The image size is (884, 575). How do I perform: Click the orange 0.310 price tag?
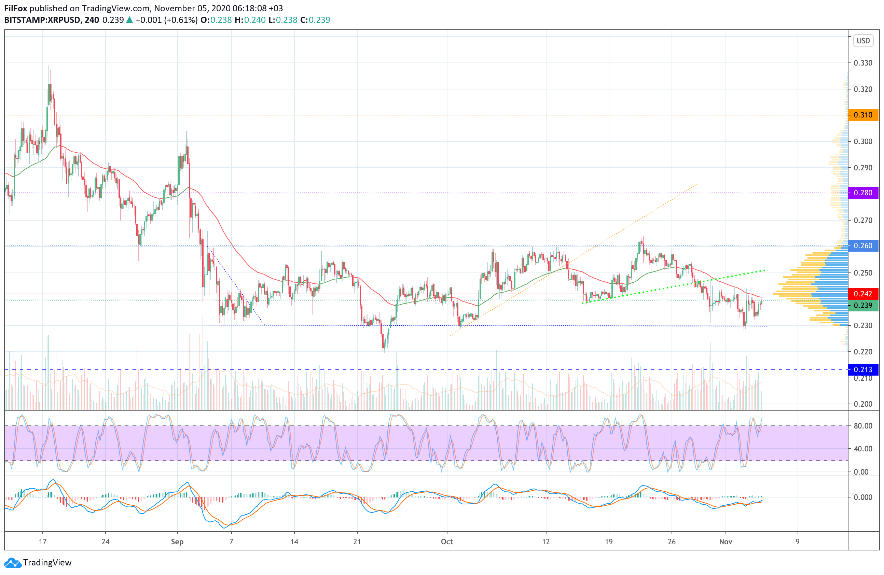[863, 115]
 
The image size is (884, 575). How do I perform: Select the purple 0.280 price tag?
[863, 193]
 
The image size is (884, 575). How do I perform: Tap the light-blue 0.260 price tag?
[863, 246]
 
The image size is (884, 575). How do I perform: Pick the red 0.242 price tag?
[863, 294]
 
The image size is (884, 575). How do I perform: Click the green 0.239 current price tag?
[863, 306]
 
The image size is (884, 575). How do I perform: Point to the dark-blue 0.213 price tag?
[863, 370]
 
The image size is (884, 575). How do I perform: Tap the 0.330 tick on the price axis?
[863, 63]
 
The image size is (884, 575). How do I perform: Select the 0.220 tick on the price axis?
[863, 352]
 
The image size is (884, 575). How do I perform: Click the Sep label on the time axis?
[177, 542]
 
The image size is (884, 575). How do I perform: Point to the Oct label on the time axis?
[447, 542]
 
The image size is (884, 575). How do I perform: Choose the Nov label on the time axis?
[726, 542]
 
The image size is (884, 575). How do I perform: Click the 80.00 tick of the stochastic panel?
[863, 426]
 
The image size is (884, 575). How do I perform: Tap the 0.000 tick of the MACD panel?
[863, 497]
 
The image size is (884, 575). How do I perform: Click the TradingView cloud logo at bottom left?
[13, 563]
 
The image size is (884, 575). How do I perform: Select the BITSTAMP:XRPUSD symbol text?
[42, 20]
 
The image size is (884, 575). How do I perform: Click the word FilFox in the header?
[16, 8]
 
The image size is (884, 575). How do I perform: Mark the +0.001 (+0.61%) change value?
[166, 20]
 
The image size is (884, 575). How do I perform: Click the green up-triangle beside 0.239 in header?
[129, 20]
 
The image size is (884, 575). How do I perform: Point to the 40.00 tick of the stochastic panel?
[863, 449]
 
